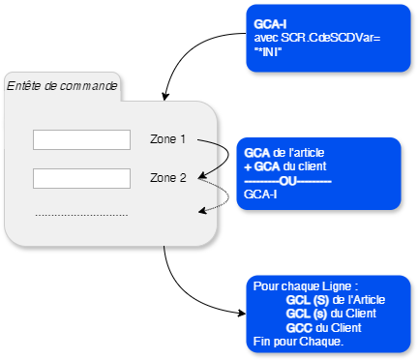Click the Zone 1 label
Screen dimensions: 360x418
click(x=167, y=139)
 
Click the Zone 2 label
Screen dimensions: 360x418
click(x=167, y=178)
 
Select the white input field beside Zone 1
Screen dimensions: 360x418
click(x=81, y=140)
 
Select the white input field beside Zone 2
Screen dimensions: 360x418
click(x=81, y=178)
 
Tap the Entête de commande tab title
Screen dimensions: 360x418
click(x=62, y=86)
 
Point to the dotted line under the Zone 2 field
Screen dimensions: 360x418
click(x=81, y=215)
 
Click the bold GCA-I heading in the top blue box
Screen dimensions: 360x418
click(x=269, y=22)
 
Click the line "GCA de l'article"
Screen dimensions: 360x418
click(x=286, y=153)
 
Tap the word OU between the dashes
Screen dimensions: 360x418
click(x=287, y=180)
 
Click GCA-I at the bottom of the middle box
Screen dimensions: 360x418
click(x=262, y=194)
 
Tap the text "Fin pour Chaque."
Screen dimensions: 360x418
click(x=297, y=341)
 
